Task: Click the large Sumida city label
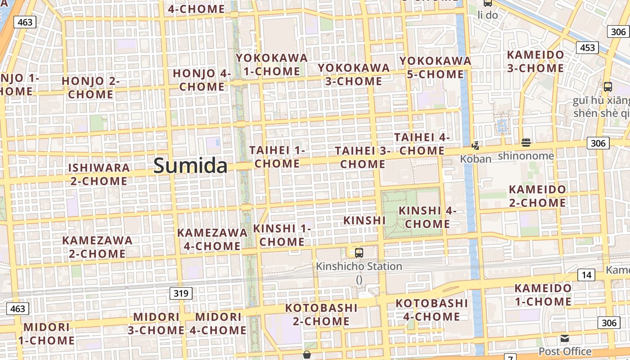pos(190,166)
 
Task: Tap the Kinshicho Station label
pos(359,266)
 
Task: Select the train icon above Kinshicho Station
pos(359,252)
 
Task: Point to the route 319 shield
pos(181,294)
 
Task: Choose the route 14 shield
pos(586,275)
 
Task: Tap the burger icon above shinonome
pos(526,143)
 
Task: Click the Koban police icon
pos(475,145)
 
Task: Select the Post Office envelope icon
pos(565,338)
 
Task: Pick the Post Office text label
pos(565,351)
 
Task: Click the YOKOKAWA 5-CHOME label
pos(435,67)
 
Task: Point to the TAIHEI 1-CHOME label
pos(277,157)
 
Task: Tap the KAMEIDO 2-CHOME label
pos(537,196)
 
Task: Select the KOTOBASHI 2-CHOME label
pos(321,315)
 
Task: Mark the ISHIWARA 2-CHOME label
pos(99,174)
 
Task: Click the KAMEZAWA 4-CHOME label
pos(212,239)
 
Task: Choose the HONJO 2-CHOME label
pos(90,87)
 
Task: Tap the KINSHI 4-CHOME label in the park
pos(427,217)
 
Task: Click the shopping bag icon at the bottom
pos(307,355)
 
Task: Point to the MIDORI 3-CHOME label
pos(156,323)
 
